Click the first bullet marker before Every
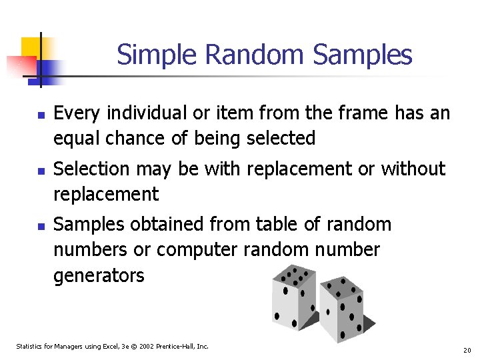click(x=41, y=115)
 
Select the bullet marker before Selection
click(x=41, y=171)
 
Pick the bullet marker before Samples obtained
click(x=41, y=227)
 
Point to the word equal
click(x=77, y=139)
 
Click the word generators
click(x=99, y=275)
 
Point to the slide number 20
click(x=467, y=350)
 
